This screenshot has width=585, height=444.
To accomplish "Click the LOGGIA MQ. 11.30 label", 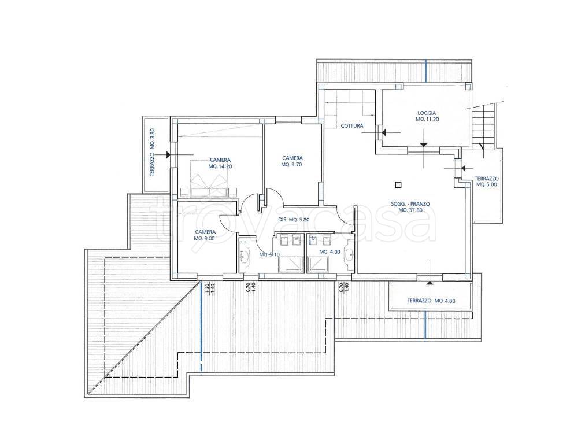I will (x=425, y=116).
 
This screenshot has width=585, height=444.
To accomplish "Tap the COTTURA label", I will (x=351, y=125).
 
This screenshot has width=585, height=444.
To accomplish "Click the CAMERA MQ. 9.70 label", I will (x=292, y=161).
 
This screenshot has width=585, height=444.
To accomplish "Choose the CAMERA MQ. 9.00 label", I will (x=205, y=235).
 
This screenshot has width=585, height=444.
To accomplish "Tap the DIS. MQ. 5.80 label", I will (x=296, y=220).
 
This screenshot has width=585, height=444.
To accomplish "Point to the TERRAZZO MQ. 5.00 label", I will (x=487, y=182).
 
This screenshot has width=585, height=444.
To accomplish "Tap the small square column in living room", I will (x=397, y=186).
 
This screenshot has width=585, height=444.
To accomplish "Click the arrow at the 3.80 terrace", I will (x=166, y=155).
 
